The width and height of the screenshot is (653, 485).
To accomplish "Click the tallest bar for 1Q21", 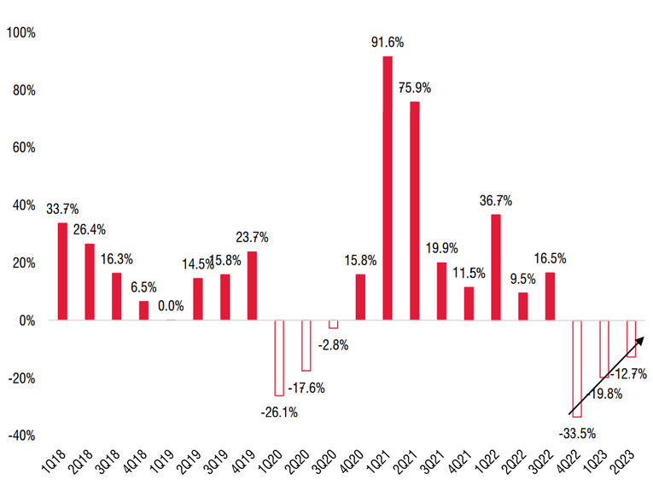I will [388, 188].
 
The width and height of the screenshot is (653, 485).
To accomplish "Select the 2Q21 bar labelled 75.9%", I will [415, 211].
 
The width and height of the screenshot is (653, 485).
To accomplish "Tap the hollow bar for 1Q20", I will [278, 358].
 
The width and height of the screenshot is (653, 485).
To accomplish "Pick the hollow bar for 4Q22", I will [577, 368].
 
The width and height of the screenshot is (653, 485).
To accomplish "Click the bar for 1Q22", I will [496, 267].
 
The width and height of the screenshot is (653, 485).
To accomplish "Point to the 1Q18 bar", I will [62, 271].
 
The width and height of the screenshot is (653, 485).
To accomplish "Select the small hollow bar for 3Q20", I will [333, 324].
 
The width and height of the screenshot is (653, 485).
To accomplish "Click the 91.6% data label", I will [387, 41].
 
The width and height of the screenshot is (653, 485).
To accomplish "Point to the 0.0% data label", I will [171, 304].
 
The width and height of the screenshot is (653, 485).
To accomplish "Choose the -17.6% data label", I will [306, 387].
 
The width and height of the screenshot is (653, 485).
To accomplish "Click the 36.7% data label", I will [495, 200].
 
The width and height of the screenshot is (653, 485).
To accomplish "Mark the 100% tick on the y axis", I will [20, 32].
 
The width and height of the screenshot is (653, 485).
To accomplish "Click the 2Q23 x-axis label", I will [627, 461].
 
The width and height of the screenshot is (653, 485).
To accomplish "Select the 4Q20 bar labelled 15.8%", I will [360, 297].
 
